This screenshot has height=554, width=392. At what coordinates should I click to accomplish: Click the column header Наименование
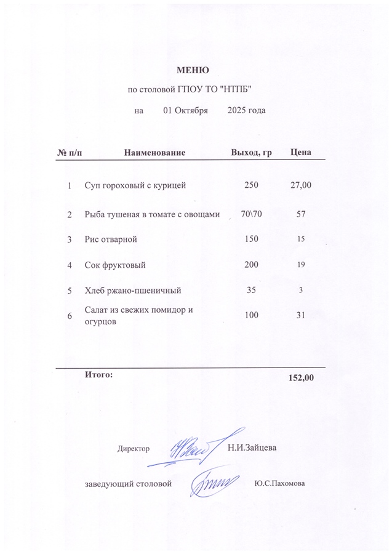pos(154,151)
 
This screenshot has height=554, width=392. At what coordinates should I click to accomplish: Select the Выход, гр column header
pos(251,151)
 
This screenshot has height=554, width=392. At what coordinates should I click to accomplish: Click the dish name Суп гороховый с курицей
pos(135,185)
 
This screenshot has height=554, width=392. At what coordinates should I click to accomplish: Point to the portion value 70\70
pos(252,214)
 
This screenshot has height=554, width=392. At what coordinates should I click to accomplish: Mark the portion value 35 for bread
pos(251,289)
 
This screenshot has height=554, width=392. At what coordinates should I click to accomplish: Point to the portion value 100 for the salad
pos(251,315)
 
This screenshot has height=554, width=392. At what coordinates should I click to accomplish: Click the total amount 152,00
pos(302,377)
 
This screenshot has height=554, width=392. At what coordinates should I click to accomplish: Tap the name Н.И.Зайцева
pos(252,447)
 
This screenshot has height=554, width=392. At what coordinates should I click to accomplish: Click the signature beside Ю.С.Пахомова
pos(212,481)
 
